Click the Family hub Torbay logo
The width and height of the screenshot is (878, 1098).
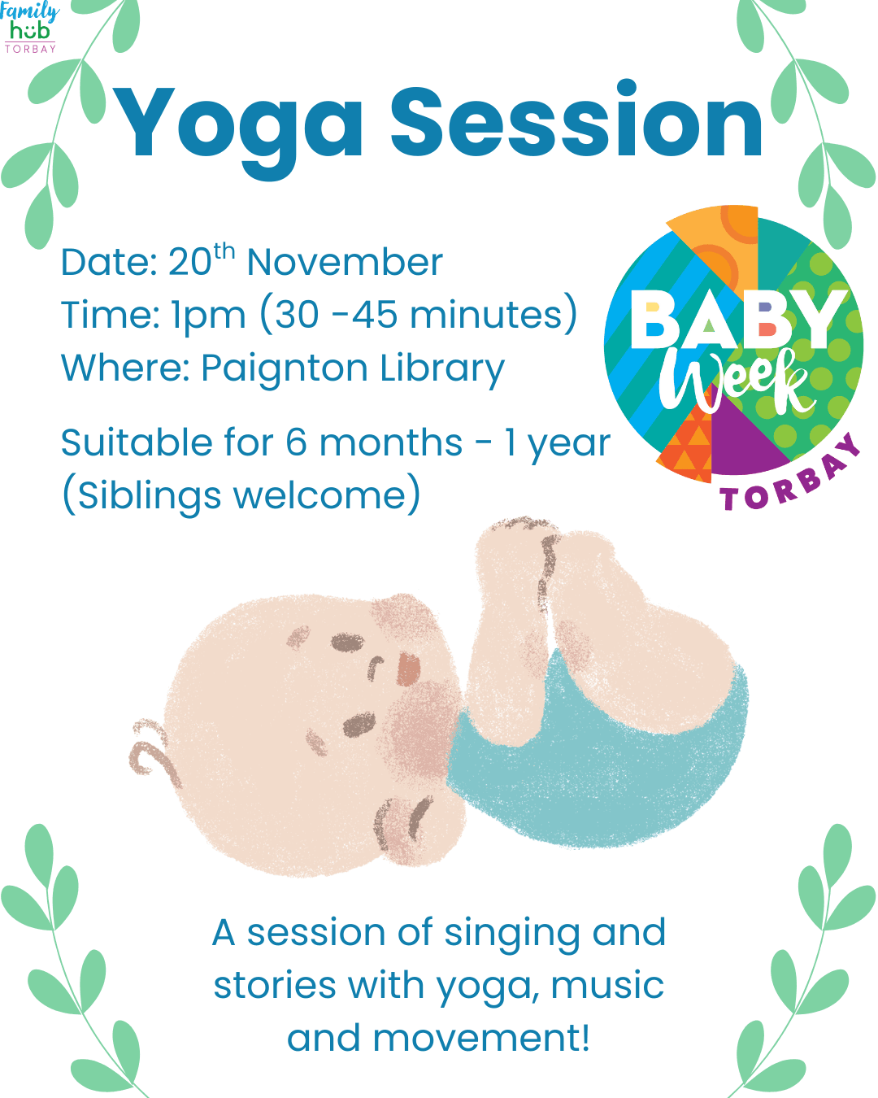[x=29, y=27]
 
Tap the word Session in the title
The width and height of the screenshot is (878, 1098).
[x=577, y=122]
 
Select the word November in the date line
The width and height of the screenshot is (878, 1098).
[x=345, y=263]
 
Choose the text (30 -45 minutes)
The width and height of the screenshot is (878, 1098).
[x=419, y=315]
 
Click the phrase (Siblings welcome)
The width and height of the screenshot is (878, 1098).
[x=241, y=495]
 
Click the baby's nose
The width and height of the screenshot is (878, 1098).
[x=408, y=669]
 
